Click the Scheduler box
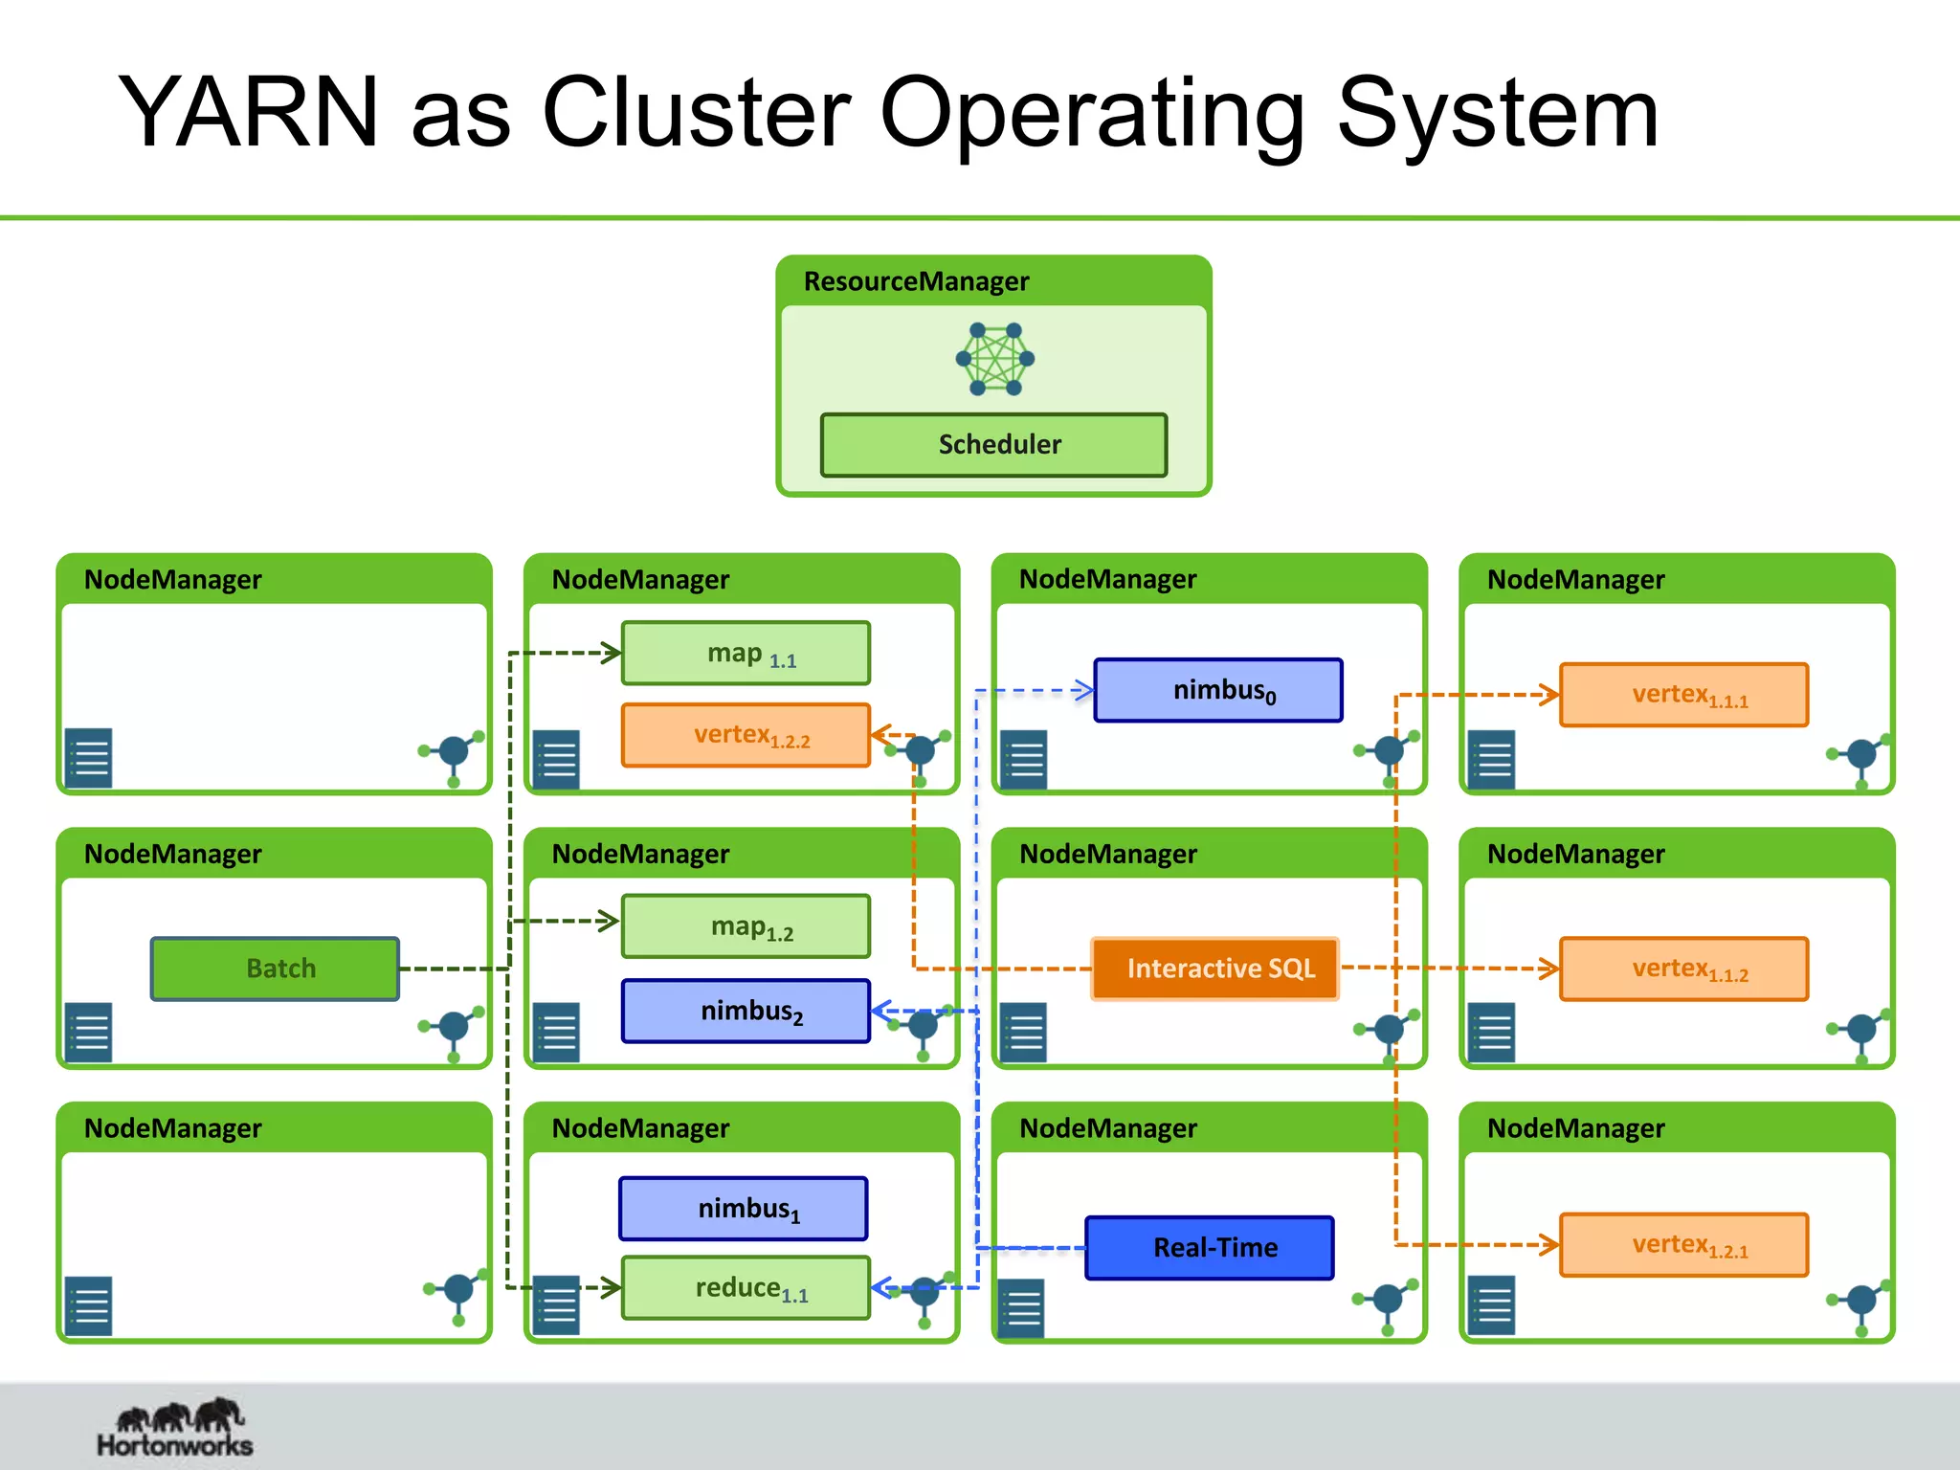point(993,445)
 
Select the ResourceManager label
point(916,281)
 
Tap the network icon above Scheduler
point(995,360)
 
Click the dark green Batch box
point(275,969)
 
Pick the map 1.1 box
point(746,654)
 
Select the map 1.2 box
point(746,926)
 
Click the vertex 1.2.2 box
point(746,735)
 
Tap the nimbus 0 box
point(1218,690)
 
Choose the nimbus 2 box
point(746,1011)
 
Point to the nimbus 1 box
point(744,1209)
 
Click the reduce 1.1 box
point(746,1288)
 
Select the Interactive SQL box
point(1215,969)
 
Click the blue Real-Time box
point(1210,1248)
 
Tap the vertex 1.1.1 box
point(1684,695)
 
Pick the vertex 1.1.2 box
point(1684,969)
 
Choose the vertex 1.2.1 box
point(1684,1245)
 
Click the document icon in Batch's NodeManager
point(89,1033)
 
